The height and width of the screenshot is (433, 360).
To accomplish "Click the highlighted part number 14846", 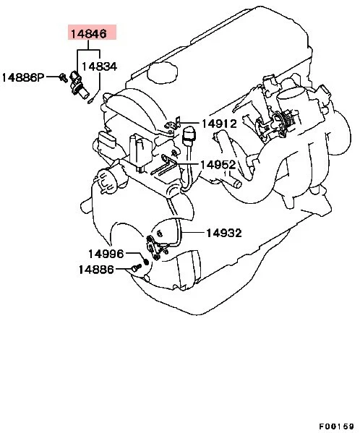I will (x=87, y=33).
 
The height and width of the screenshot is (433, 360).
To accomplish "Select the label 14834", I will (x=98, y=66).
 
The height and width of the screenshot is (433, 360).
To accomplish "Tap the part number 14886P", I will (x=24, y=76).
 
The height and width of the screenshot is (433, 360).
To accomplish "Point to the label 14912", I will (x=218, y=124).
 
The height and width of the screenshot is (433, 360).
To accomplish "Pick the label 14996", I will (x=106, y=254).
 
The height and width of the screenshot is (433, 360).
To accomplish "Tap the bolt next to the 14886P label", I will (x=64, y=75).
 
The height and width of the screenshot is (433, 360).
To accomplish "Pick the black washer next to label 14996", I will (x=147, y=260).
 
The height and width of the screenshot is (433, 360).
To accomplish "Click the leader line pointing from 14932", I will (x=194, y=233).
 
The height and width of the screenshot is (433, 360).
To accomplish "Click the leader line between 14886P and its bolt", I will (x=53, y=75).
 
